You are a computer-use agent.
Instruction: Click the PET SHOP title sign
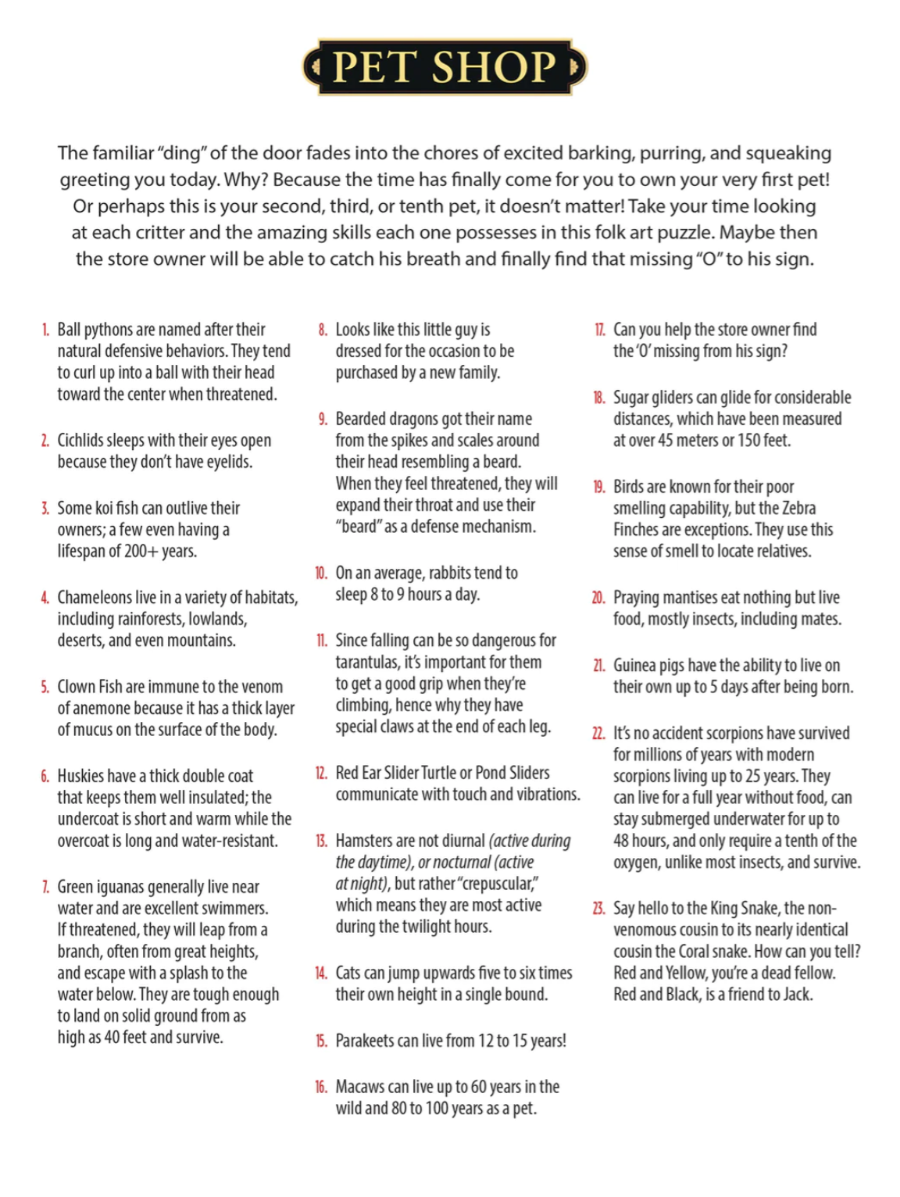click(x=445, y=67)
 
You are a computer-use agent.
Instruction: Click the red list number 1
click(x=45, y=330)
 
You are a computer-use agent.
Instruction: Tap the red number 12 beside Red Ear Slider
click(x=321, y=774)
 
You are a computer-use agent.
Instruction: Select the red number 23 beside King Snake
click(x=598, y=909)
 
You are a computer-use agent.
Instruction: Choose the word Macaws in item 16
click(x=359, y=1087)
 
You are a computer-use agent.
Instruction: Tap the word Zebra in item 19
click(x=798, y=508)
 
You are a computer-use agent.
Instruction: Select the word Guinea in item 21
click(x=636, y=666)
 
